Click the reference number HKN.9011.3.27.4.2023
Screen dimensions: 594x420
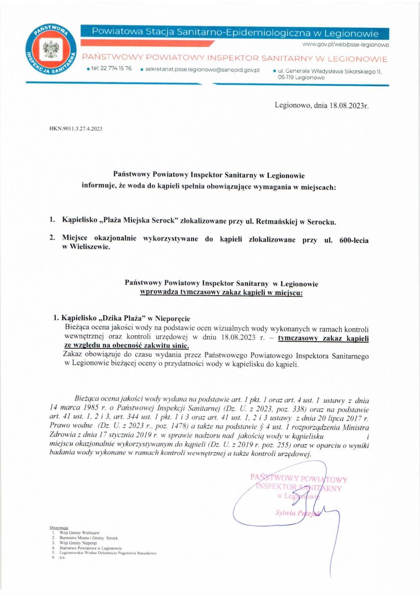76,129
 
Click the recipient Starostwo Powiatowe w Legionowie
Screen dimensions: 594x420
92,548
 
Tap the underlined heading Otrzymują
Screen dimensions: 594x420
59,528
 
